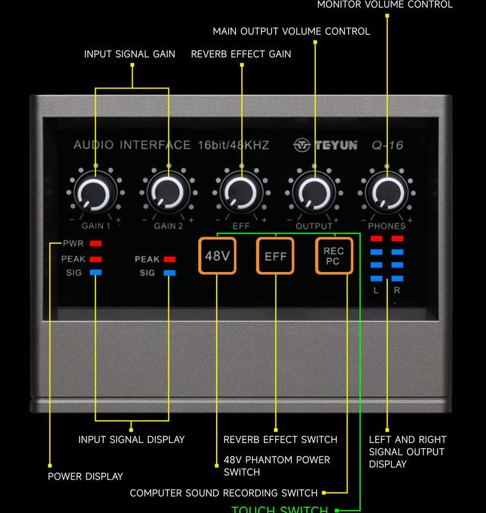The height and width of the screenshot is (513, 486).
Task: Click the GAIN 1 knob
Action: (x=95, y=192)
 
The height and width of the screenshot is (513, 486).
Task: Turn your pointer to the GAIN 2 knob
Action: (x=168, y=192)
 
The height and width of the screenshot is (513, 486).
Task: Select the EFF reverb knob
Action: (x=241, y=192)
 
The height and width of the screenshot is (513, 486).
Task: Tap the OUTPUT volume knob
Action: (x=314, y=192)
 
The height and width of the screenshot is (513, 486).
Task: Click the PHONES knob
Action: (x=387, y=192)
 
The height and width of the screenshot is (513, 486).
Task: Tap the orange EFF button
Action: (x=275, y=256)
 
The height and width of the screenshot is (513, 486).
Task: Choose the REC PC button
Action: (x=333, y=256)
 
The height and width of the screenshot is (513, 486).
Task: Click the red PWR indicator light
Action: (x=96, y=244)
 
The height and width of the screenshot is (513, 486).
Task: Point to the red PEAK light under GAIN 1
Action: (x=96, y=259)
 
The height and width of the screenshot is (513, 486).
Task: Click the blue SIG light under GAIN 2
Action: (x=169, y=273)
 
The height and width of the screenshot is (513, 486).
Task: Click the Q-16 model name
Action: (x=387, y=146)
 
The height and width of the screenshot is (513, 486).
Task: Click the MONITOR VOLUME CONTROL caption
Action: (x=385, y=4)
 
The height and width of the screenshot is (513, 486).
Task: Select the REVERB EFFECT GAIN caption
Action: (x=241, y=55)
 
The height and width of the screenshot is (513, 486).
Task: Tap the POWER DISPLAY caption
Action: (x=85, y=476)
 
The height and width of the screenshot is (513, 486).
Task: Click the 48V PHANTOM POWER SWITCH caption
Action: (x=277, y=466)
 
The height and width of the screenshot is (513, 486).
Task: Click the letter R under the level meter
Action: (x=397, y=290)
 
